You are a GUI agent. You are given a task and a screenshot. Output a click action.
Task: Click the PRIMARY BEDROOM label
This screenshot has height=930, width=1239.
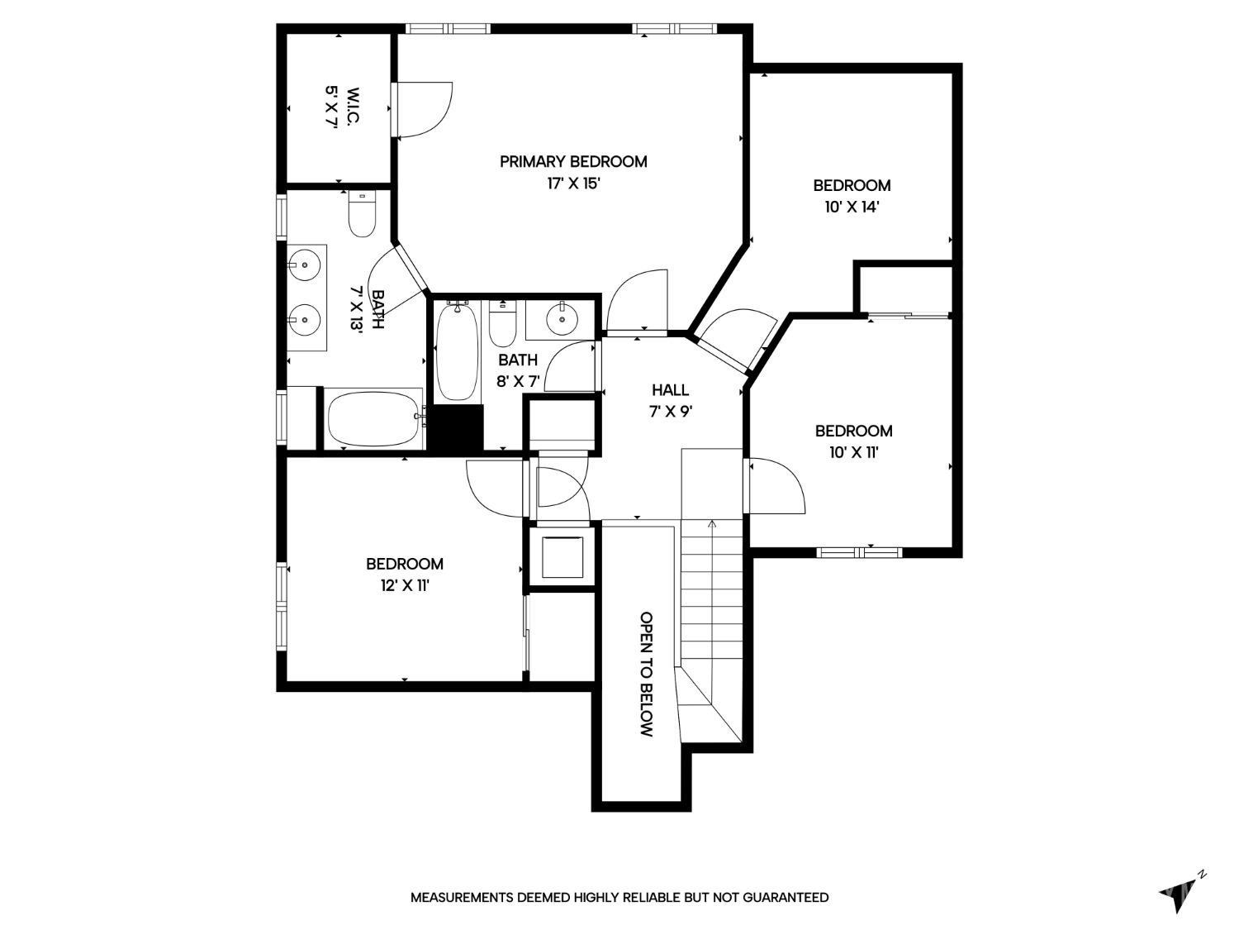(573, 161)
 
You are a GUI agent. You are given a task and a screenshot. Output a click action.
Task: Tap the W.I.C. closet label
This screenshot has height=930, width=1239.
(354, 107)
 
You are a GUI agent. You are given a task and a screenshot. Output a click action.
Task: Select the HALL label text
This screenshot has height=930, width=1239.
(670, 389)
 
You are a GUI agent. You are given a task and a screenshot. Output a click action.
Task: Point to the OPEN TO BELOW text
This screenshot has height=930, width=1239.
(647, 674)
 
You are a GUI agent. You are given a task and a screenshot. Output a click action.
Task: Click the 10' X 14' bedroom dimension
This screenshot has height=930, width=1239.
(852, 207)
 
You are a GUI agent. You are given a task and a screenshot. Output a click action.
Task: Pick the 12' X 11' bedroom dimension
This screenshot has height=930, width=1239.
(406, 585)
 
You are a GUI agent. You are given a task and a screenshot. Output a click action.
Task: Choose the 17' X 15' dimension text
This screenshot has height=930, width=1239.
(573, 184)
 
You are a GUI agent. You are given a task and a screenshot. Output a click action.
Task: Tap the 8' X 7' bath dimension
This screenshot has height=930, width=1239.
(518, 382)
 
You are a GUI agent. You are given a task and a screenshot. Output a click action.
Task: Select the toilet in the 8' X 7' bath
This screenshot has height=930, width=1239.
(502, 323)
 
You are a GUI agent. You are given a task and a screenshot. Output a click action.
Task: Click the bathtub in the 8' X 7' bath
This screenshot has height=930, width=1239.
(458, 351)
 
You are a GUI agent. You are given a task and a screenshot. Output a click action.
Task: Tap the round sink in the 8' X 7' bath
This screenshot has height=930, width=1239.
(563, 320)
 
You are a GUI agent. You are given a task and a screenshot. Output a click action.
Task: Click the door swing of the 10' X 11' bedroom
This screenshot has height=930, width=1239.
(776, 485)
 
